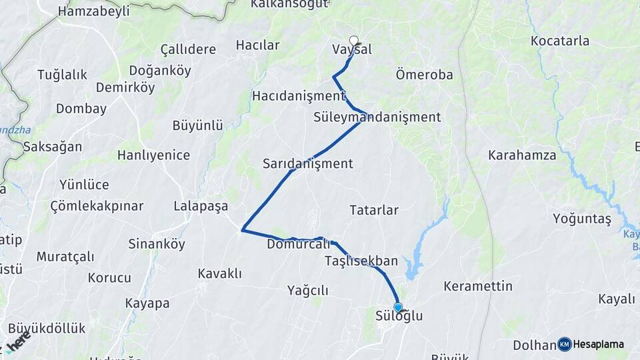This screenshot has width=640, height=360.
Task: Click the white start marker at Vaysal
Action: [354, 40]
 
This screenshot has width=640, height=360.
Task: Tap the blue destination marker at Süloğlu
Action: [399, 307]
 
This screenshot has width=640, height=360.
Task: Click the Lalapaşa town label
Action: [201, 205]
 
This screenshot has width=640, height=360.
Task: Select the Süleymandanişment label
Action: [377, 117]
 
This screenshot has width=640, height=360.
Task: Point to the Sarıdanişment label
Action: [307, 163]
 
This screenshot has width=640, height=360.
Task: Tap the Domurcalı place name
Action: [298, 245]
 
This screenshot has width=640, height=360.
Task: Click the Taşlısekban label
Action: [362, 261]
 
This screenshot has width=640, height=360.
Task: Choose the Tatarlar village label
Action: [374, 211]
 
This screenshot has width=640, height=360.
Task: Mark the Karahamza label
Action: [522, 156]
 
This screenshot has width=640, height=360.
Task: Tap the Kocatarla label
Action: [560, 41]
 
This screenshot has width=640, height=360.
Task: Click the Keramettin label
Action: [478, 287]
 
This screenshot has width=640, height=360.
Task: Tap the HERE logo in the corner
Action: [17, 343]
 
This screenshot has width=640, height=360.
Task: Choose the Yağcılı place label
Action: [308, 290]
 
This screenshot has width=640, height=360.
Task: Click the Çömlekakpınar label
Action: [97, 206]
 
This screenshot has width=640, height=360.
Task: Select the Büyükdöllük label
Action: [47, 329]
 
